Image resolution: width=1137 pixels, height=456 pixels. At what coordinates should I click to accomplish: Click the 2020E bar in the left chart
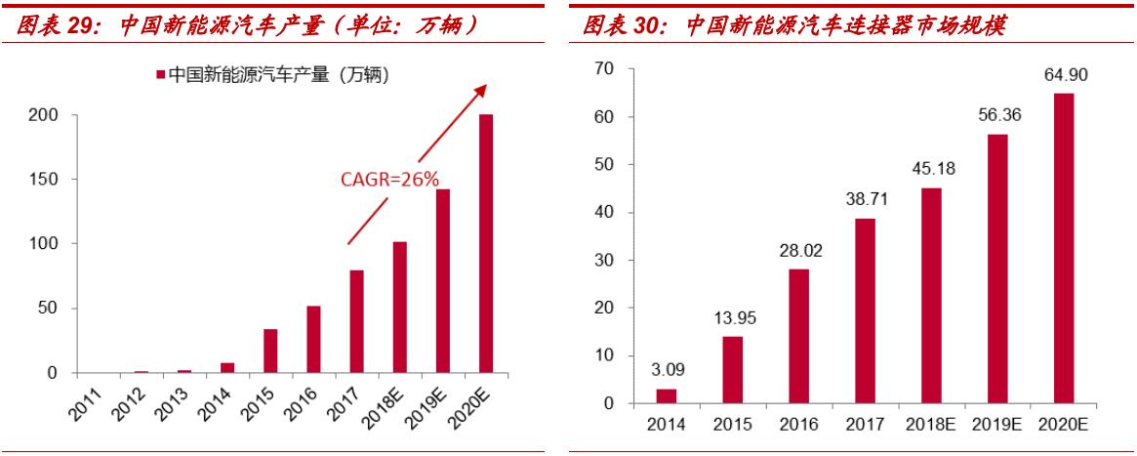[x=485, y=243]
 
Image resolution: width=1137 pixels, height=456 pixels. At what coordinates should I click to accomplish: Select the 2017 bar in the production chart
[x=356, y=321]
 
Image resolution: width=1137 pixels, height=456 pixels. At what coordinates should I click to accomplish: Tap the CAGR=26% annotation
[x=389, y=180]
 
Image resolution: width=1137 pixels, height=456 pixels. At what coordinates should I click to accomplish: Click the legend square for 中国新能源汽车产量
[x=159, y=74]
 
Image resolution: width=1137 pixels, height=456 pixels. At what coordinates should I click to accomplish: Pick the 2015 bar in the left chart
[x=270, y=351]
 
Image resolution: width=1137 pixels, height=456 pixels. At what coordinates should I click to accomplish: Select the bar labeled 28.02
[x=798, y=336]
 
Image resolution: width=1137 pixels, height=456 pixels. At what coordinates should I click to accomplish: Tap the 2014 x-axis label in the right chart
[x=666, y=424]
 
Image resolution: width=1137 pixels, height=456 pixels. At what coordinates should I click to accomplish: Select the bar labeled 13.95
[x=732, y=369]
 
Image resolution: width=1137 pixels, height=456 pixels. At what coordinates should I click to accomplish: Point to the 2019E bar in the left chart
[x=442, y=280]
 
